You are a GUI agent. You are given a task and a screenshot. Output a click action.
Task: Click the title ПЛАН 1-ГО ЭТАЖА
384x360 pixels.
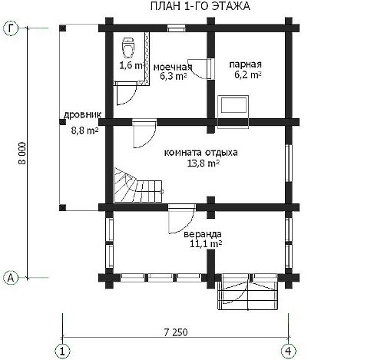pyautogui.click(x=200, y=6)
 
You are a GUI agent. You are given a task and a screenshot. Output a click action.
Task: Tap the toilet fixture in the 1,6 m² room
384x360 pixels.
pyautogui.click(x=128, y=48)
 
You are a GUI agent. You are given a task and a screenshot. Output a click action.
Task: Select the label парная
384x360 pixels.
pyautogui.click(x=245, y=64)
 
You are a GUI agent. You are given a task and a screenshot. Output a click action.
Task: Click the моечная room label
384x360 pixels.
pyautogui.click(x=173, y=67)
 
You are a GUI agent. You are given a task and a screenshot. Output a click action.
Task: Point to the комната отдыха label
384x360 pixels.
pyautogui.click(x=200, y=153)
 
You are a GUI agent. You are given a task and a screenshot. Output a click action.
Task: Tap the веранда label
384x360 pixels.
pyautogui.click(x=203, y=234)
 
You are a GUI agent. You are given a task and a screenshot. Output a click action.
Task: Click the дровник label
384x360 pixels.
pyautogui.click(x=82, y=115)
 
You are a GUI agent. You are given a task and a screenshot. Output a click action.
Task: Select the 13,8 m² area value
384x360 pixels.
pyautogui.click(x=203, y=163)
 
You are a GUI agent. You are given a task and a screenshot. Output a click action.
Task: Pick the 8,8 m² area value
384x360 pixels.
pyautogui.click(x=84, y=130)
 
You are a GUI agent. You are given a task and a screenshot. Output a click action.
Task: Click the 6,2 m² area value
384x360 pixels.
pyautogui.click(x=247, y=74)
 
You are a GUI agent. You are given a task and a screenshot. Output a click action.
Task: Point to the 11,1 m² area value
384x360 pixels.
pyautogui.click(x=206, y=244)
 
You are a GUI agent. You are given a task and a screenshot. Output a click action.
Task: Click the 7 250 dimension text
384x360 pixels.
pyautogui.click(x=176, y=332)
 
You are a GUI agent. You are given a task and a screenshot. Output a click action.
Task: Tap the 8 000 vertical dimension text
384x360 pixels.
pyautogui.click(x=22, y=153)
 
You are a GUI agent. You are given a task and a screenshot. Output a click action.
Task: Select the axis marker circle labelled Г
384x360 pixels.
pyautogui.click(x=12, y=28)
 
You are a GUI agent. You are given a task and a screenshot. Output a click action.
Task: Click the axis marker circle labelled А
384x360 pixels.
pyautogui.click(x=12, y=278)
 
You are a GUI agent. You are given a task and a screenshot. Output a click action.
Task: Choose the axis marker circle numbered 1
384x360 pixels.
pyautogui.click(x=62, y=351)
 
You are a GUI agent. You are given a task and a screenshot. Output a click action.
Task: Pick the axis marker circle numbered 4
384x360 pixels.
pyautogui.click(x=289, y=351)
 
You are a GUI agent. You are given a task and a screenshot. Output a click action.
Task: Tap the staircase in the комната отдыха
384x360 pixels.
pyautogui.click(x=138, y=185)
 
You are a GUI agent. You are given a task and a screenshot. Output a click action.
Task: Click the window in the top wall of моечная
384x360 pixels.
pyautogui.click(x=177, y=28)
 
